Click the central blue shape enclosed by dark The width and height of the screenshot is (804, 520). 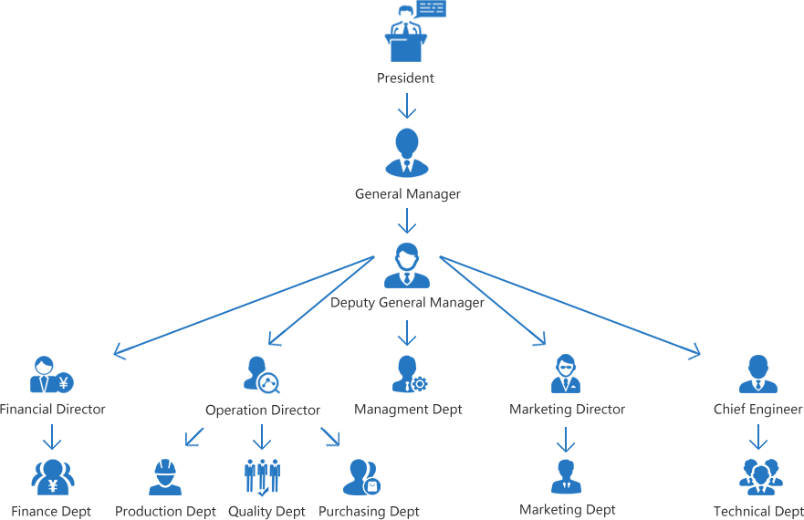coord(408,360)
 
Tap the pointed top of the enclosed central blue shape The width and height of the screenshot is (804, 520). coord(408,319)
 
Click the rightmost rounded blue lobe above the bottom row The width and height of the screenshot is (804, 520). coord(757,379)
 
